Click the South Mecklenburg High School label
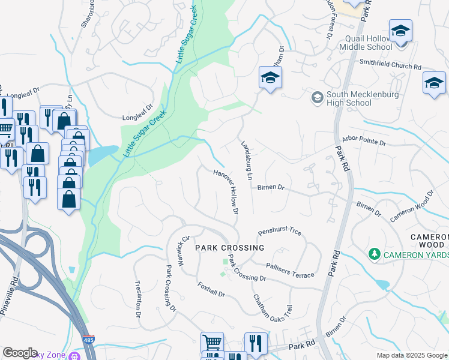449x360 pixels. (x=349, y=98)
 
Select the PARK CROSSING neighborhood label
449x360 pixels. (x=229, y=248)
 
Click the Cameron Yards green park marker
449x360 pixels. (x=375, y=255)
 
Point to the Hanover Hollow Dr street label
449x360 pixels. (x=226, y=191)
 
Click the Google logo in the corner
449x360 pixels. (x=20, y=352)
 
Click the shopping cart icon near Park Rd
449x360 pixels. (x=212, y=342)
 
